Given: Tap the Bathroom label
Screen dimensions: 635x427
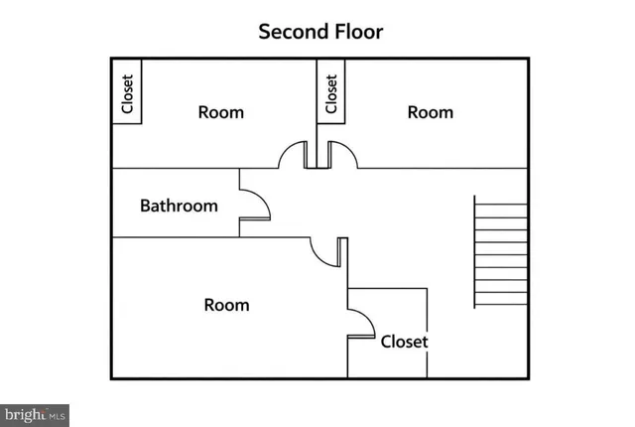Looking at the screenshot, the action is click(x=179, y=206).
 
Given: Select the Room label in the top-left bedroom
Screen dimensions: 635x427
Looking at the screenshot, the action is click(x=221, y=112).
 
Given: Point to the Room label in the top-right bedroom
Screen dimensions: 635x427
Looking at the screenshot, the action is click(x=431, y=112).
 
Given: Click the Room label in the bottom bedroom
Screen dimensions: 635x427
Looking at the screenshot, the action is click(x=227, y=305).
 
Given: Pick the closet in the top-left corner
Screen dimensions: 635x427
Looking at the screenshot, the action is click(x=127, y=91).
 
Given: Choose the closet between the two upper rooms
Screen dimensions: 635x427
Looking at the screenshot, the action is click(x=331, y=91).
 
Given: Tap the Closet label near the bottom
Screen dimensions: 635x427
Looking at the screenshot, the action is click(x=404, y=342).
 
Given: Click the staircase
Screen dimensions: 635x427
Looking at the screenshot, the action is click(x=501, y=251).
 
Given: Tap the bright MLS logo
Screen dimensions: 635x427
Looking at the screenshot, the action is click(x=35, y=415).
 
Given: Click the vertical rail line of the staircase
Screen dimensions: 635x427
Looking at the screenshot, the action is click(x=474, y=251).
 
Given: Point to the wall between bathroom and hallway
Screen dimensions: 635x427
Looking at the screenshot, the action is click(x=239, y=203).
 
